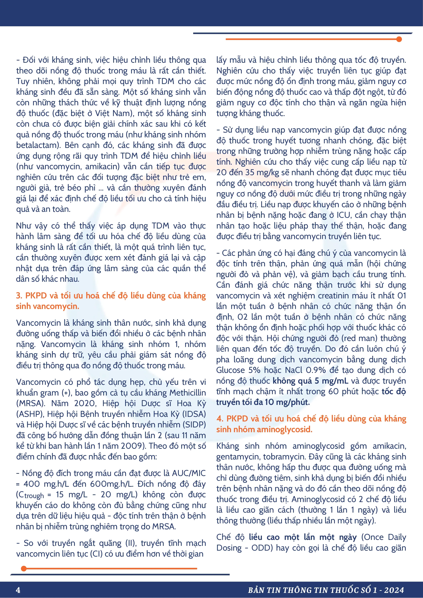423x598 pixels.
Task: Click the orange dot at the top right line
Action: pyautogui.click(x=399, y=39)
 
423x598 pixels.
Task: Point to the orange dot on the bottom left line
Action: pyautogui.click(x=24, y=568)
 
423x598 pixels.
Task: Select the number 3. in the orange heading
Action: pyautogui.click(x=19, y=296)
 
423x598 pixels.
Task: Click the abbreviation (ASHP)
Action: pyautogui.click(x=30, y=414)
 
